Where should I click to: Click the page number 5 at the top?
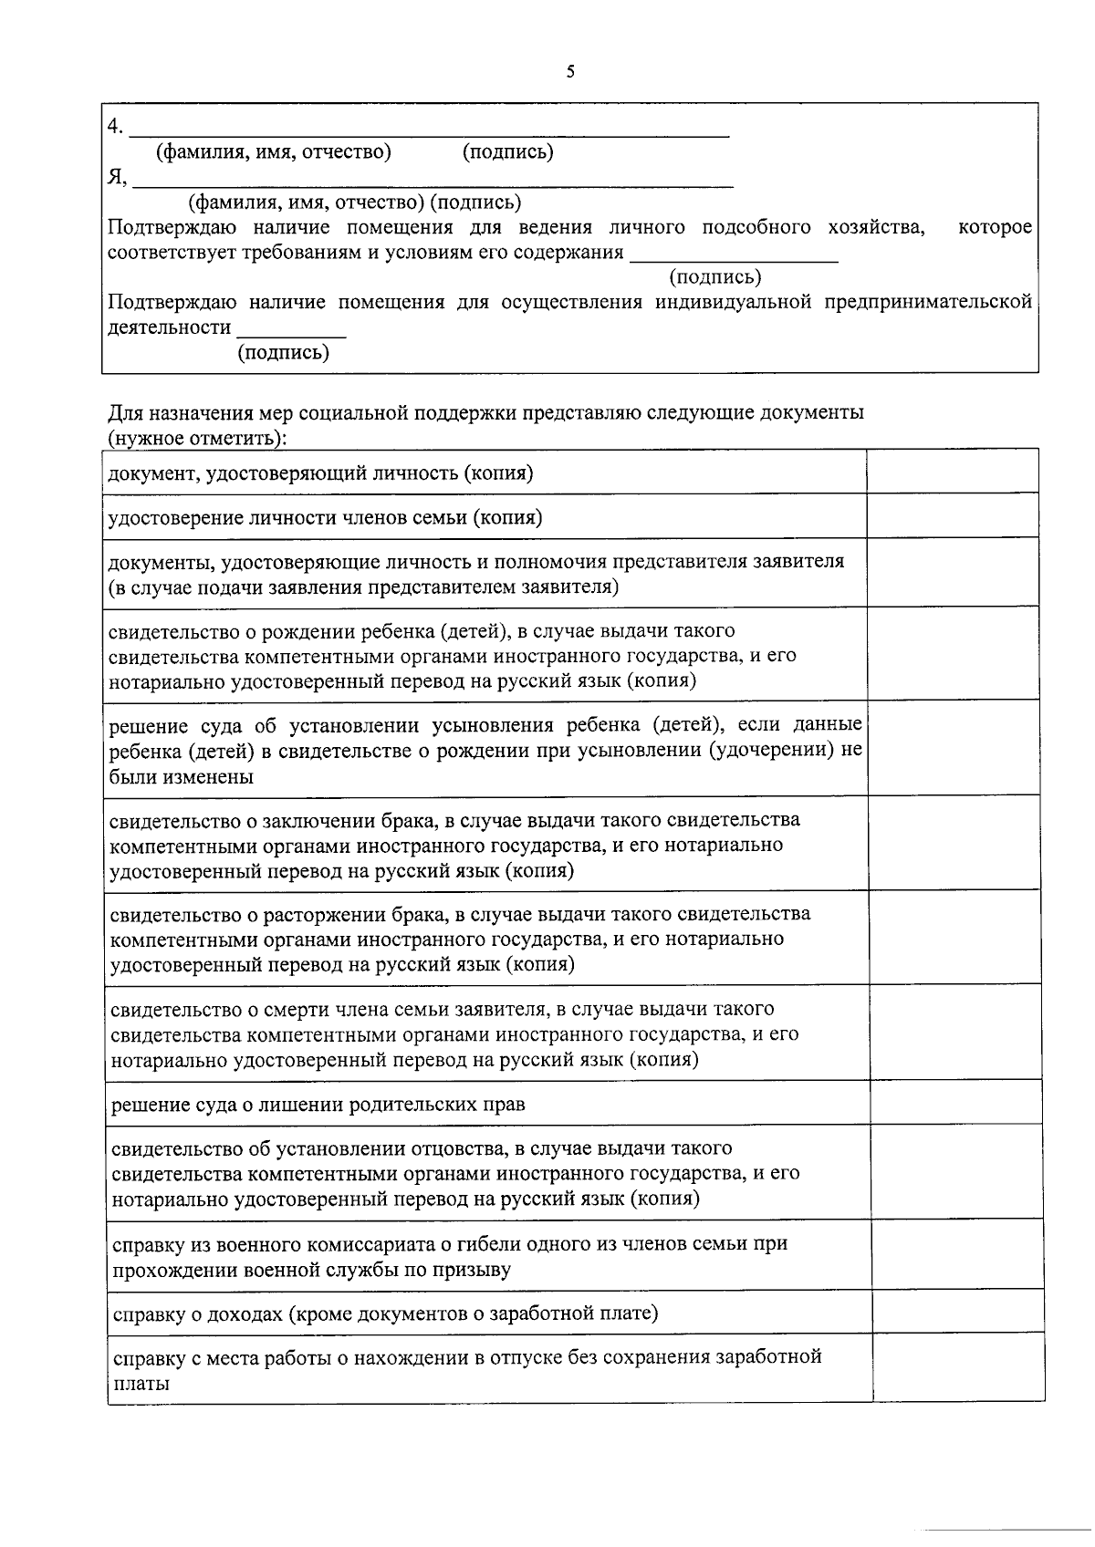[570, 71]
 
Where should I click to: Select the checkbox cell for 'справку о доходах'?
[957, 1312]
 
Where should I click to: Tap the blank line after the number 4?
[429, 131]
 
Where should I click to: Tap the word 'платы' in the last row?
[141, 1383]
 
